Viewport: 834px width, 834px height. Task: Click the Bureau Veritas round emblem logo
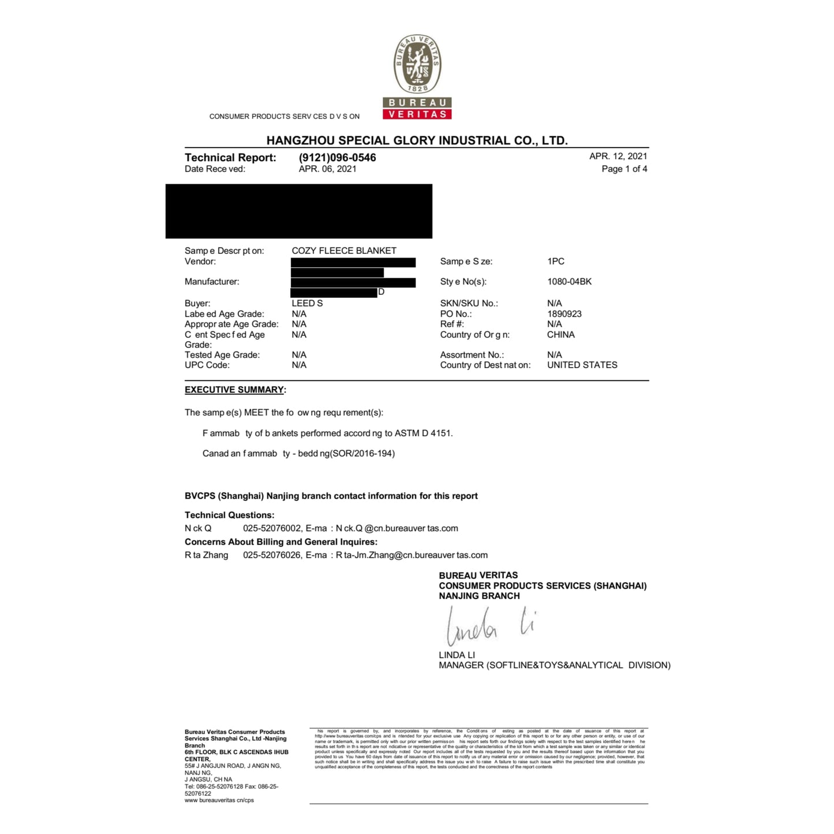click(417, 63)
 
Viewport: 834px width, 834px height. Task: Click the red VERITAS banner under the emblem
click(417, 114)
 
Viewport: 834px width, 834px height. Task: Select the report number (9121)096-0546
click(337, 158)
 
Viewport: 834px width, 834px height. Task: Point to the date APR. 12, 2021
click(618, 156)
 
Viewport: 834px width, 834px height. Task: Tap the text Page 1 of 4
click(624, 169)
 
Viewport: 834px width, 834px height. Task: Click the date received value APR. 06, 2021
click(327, 169)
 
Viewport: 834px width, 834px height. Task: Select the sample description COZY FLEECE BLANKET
click(344, 250)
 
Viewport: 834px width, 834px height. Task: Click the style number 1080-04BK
click(569, 282)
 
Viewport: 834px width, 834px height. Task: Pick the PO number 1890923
click(564, 314)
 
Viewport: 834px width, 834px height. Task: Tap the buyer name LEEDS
click(307, 303)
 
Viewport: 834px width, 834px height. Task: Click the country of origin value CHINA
click(560, 335)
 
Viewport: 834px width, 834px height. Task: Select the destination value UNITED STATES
click(582, 365)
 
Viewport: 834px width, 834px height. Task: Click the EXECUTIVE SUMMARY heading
click(234, 390)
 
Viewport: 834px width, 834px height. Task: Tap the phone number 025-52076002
click(272, 528)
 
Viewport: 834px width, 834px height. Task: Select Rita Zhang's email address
click(412, 555)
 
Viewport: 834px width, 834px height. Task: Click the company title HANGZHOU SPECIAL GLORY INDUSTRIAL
click(417, 140)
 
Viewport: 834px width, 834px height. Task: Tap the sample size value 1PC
click(555, 261)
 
